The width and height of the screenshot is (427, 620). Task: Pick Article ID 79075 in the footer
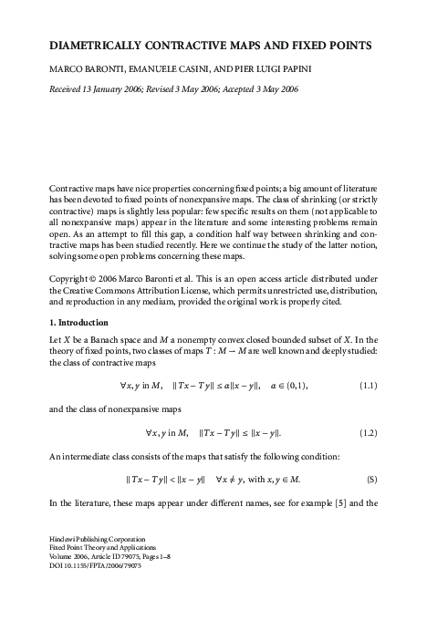coord(141,584)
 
